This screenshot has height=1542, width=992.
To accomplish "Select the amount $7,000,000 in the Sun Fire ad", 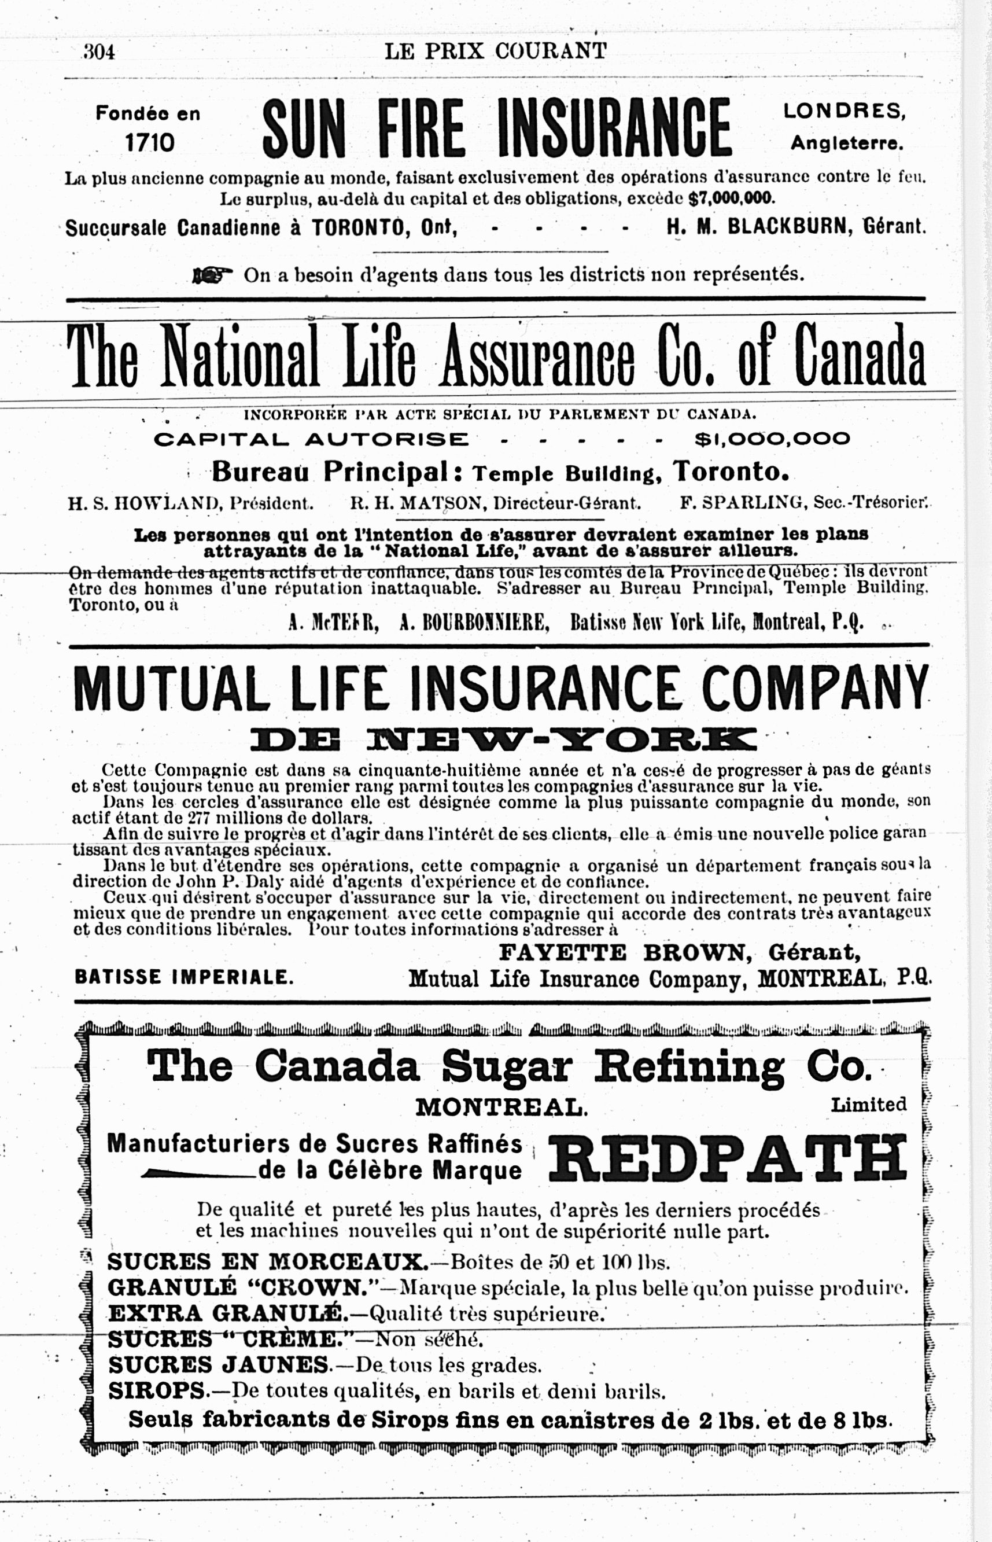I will tap(732, 198).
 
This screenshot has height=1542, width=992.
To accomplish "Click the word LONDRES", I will tap(844, 111).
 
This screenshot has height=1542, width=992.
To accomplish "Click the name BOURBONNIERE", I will tap(474, 623).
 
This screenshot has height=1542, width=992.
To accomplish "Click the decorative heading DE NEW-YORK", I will tap(503, 739).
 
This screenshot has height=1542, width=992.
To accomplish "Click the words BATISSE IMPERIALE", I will tap(183, 977).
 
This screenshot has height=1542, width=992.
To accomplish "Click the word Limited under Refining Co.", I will tap(868, 1105).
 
